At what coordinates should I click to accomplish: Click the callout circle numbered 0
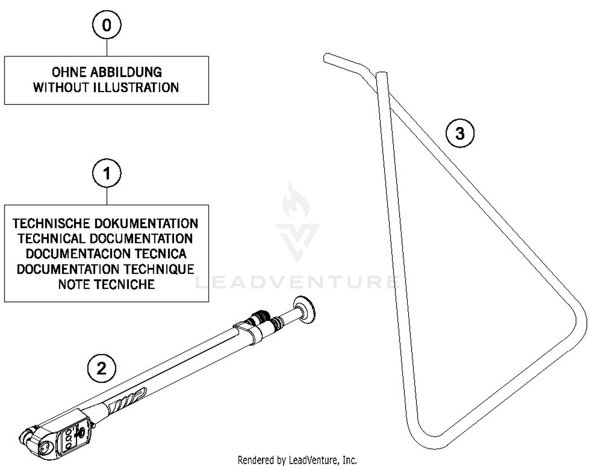(x=107, y=25)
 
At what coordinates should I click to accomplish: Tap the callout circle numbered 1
(x=107, y=173)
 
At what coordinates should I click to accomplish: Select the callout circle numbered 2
(x=102, y=369)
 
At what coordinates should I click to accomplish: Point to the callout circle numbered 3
(x=460, y=133)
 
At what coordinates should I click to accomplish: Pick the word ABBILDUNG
(x=126, y=72)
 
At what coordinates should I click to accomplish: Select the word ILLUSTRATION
(x=136, y=88)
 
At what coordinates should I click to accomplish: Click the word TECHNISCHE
(x=51, y=224)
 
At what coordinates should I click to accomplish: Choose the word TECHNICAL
(x=51, y=239)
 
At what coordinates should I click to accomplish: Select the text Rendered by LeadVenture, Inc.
(x=297, y=460)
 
